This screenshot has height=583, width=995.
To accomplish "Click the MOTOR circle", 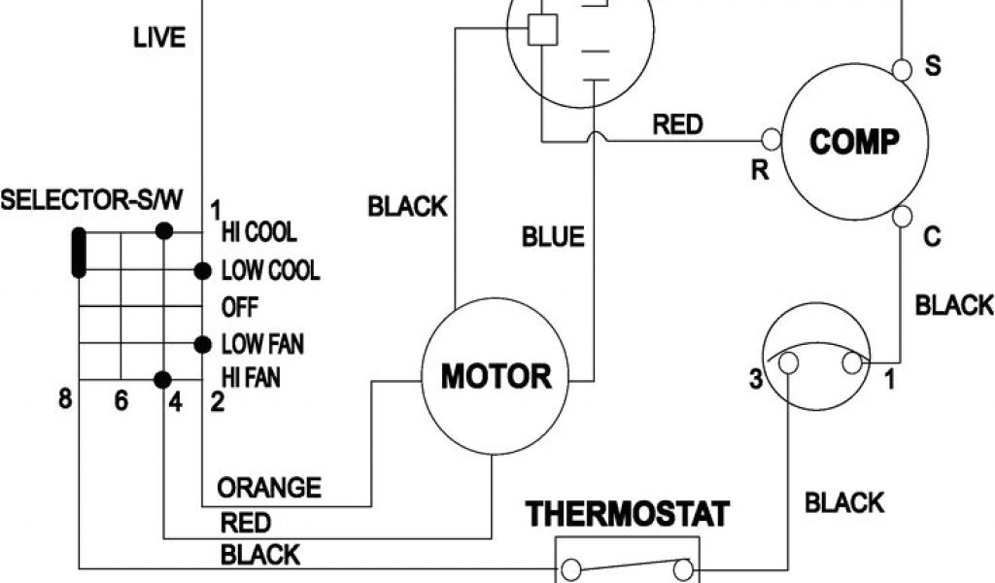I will tap(496, 375).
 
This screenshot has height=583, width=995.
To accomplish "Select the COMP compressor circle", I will tap(854, 143).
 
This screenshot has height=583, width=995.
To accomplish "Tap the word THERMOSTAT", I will tap(627, 513).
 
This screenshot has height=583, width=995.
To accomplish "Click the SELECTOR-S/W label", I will tap(91, 201).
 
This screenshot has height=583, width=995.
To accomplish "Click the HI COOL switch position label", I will tap(259, 233).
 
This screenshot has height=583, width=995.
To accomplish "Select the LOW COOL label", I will tap(270, 270).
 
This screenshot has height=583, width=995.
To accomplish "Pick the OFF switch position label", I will tap(240, 307).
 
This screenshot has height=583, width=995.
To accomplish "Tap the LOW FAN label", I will tap(263, 343).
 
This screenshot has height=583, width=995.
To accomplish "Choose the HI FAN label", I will tap(252, 376).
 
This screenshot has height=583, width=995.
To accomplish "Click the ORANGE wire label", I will tap(269, 486).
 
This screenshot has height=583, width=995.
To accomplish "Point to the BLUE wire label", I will tap(553, 236).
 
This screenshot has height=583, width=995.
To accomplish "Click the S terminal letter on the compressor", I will tap(932, 67).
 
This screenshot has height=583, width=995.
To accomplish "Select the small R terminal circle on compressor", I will tap(773, 137).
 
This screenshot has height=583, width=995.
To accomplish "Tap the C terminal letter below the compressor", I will tap(932, 237).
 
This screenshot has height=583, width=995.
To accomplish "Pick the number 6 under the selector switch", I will tap(120, 401).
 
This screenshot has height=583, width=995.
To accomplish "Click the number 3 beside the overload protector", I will tap(755, 380).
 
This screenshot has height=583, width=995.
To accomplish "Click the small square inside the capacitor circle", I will tap(542, 31).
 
